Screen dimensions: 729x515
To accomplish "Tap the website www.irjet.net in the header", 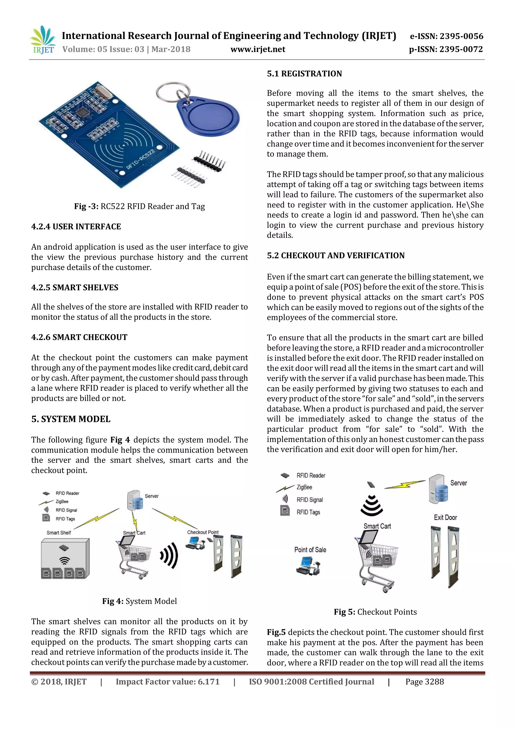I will tap(257, 49).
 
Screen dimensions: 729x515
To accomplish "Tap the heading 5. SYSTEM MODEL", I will tap(71, 419).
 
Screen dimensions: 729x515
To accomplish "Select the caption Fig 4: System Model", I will tap(139, 601).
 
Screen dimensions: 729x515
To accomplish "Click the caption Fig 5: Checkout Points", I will tap(375, 612).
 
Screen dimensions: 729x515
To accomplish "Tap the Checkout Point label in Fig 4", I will tap(203, 532).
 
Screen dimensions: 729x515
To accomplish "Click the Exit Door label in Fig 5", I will tap(445, 517).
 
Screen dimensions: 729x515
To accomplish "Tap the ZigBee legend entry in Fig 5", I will tap(304, 487).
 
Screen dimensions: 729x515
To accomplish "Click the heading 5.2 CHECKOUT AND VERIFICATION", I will tap(335, 256).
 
